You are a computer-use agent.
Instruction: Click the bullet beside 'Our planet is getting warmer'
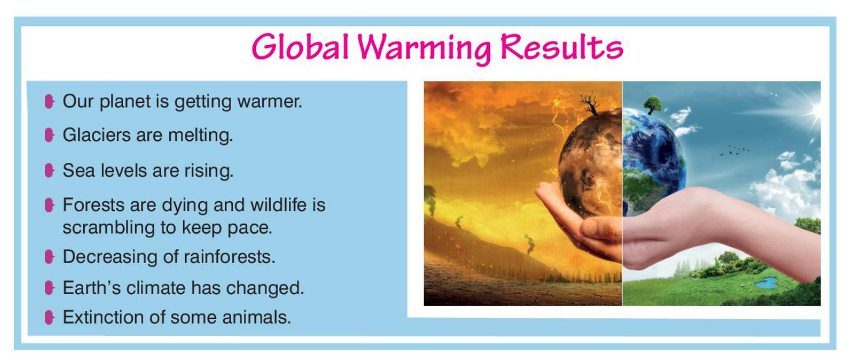pos(49,101)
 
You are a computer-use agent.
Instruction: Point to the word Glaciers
pos(96,135)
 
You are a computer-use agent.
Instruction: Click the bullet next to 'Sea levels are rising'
pos(49,170)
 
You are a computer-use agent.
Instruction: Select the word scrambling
pos(109,228)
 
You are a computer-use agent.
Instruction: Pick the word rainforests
pos(229,257)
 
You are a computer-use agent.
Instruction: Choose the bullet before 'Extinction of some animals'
pos(49,317)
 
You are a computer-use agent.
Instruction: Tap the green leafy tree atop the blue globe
pos(653,105)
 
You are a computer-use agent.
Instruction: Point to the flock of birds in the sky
pos(734,150)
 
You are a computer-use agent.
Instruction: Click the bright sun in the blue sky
pos(815,110)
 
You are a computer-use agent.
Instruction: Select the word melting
pos(201,135)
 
